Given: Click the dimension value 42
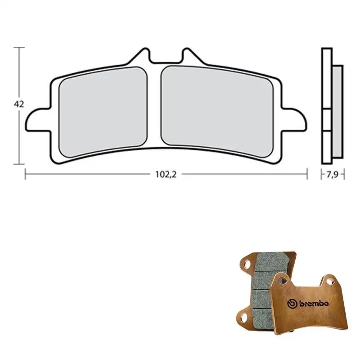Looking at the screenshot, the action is pyautogui.click(x=19, y=104).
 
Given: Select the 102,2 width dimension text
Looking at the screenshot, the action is pyautogui.click(x=166, y=175).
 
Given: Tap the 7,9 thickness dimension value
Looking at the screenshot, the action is pyautogui.click(x=333, y=175).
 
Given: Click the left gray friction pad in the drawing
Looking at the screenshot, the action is pyautogui.click(x=103, y=112).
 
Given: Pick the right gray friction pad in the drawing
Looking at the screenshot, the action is pyautogui.click(x=217, y=112).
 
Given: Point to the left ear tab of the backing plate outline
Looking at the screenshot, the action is pyautogui.click(x=38, y=120).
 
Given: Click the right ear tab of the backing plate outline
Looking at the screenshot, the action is pyautogui.click(x=294, y=120).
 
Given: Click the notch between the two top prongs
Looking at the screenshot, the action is pyautogui.click(x=166, y=60).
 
